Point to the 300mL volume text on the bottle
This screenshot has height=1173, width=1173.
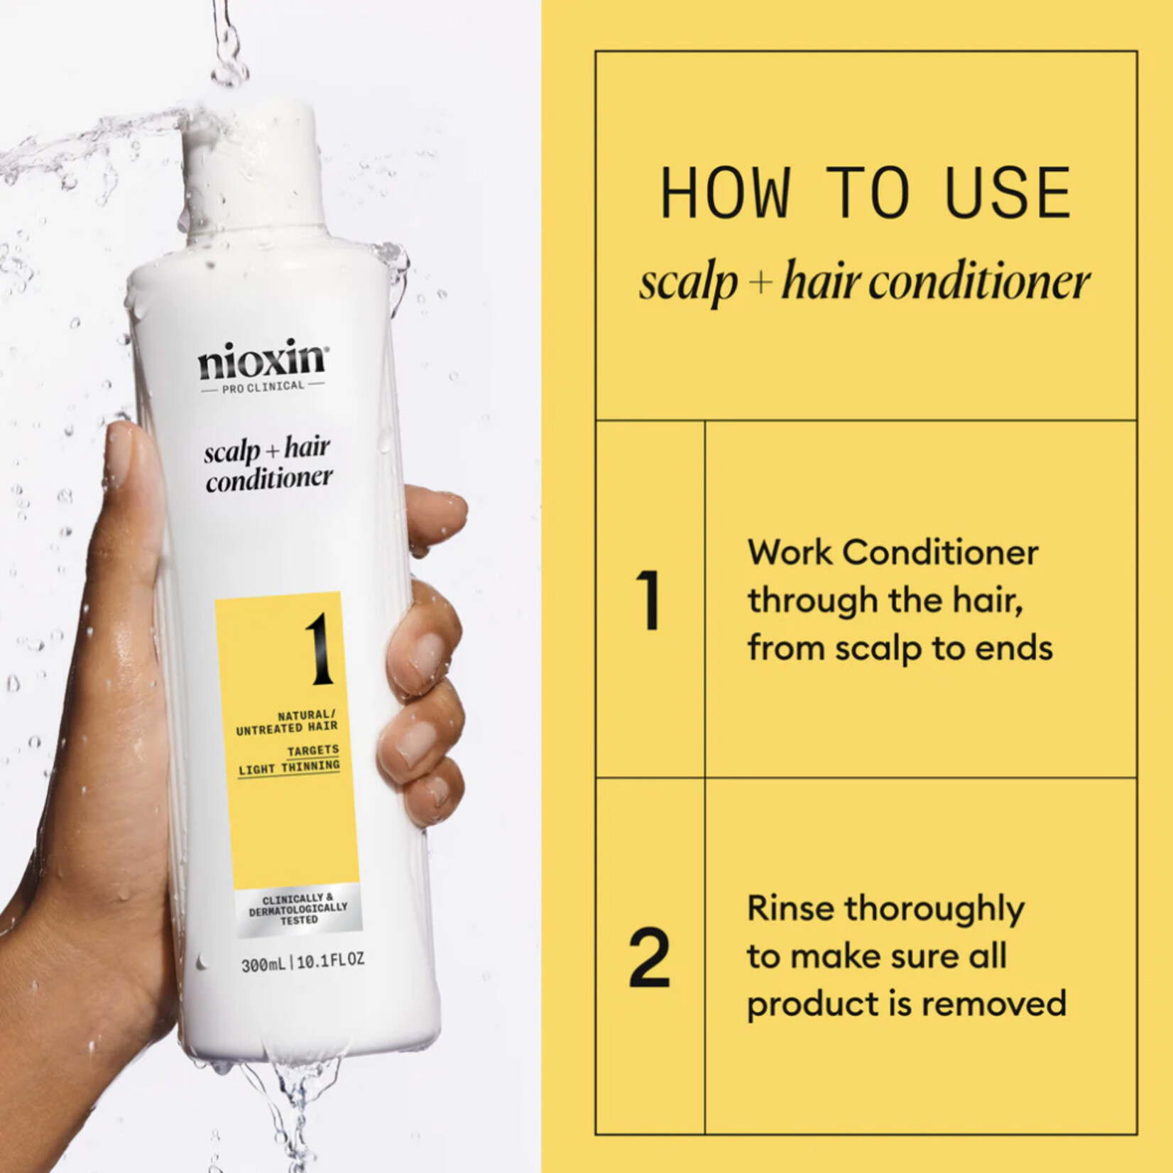coord(263,965)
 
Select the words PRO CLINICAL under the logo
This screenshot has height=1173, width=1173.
coord(263,386)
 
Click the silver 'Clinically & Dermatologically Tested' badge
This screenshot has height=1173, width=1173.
coord(298,909)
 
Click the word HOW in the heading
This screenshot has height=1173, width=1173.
coord(725,192)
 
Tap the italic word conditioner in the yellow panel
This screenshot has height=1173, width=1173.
coord(979,282)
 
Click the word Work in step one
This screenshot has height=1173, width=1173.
coord(789,552)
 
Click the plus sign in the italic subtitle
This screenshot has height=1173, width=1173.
coord(760,283)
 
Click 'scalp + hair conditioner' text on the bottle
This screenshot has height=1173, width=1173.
coord(268,464)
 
